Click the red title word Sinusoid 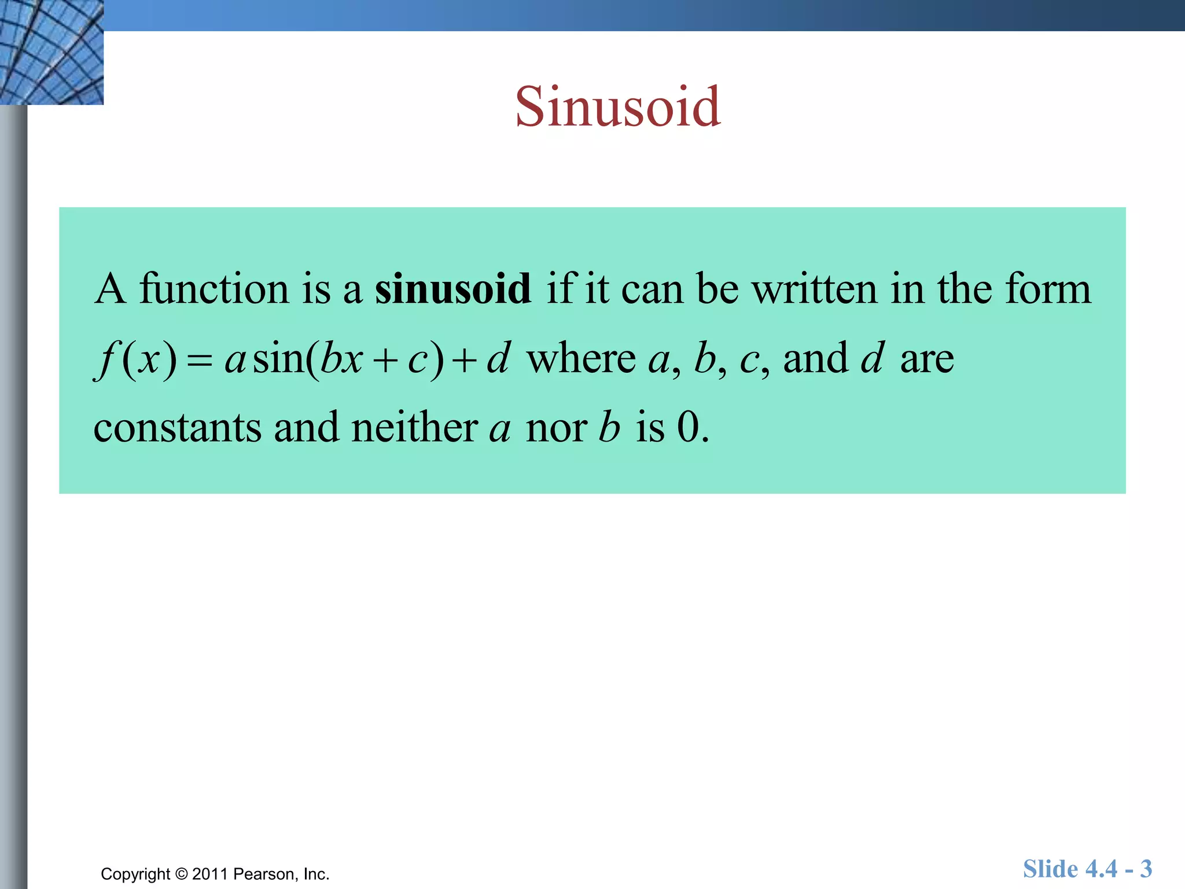point(617,107)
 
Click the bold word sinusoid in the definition point(452,289)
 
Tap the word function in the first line point(214,289)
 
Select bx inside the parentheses point(341,358)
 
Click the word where point(581,358)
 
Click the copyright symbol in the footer point(182,874)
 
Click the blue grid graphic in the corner point(51,52)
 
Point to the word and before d point(815,358)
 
